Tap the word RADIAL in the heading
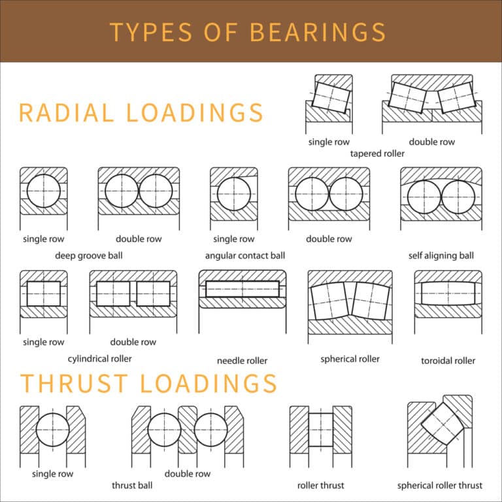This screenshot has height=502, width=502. click(x=64, y=113)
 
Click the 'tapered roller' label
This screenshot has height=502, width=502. click(x=377, y=154)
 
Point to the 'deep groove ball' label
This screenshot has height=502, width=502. click(x=89, y=255)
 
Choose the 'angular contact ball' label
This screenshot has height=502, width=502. click(x=245, y=255)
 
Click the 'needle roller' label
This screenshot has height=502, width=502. click(x=242, y=360)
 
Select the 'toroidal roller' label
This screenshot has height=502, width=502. click(x=448, y=360)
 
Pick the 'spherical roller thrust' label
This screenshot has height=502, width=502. click(x=440, y=485)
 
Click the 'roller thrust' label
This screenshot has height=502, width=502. click(x=320, y=485)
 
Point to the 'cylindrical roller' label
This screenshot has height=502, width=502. click(x=100, y=358)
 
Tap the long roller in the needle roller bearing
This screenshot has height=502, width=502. click(x=242, y=289)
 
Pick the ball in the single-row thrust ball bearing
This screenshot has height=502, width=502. click(x=53, y=430)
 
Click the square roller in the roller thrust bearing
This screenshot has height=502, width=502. click(x=320, y=429)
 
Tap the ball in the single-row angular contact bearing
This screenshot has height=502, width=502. click(x=234, y=194)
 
